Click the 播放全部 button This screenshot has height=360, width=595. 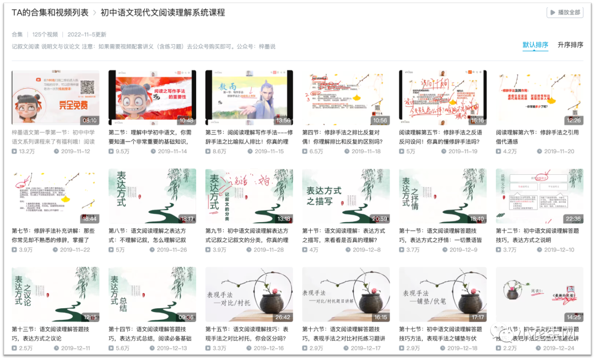tap(565, 12)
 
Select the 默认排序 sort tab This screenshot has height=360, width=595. tap(535, 45)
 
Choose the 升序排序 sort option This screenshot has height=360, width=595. tap(570, 45)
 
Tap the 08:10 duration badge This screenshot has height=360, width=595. tap(89, 120)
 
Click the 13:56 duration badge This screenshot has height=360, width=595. tap(283, 120)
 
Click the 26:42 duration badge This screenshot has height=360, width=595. tap(283, 317)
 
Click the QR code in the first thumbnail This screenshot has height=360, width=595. tap(88, 87)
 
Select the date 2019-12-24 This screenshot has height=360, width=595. tap(559, 348)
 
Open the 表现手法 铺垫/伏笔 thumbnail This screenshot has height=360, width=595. tap(442, 294)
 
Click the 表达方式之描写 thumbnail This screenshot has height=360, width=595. tap(345, 196)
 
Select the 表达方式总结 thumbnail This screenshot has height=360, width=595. tap(152, 294)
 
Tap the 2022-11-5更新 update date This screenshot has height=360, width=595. tap(87, 34)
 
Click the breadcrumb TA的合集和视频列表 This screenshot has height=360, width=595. tap(49, 13)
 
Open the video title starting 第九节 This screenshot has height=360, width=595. tap(249, 236)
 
